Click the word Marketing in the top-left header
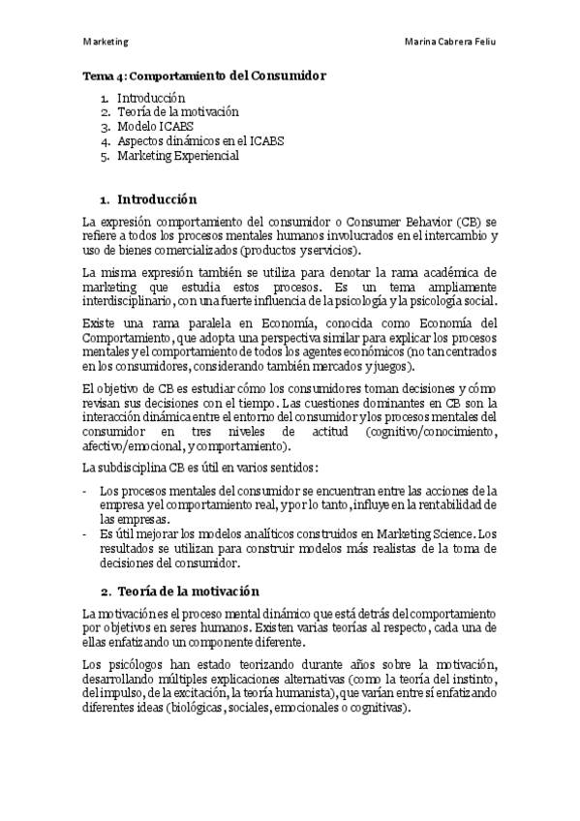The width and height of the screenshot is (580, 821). point(107,43)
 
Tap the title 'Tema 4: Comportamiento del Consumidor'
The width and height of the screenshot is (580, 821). point(204,75)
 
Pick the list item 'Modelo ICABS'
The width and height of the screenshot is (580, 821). point(153,127)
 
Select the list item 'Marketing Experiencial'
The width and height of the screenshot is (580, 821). point(178,156)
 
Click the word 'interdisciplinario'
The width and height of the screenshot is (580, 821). point(124,301)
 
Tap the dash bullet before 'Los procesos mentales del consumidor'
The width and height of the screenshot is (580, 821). point(86,492)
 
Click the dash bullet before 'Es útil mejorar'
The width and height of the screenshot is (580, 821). point(86,534)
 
